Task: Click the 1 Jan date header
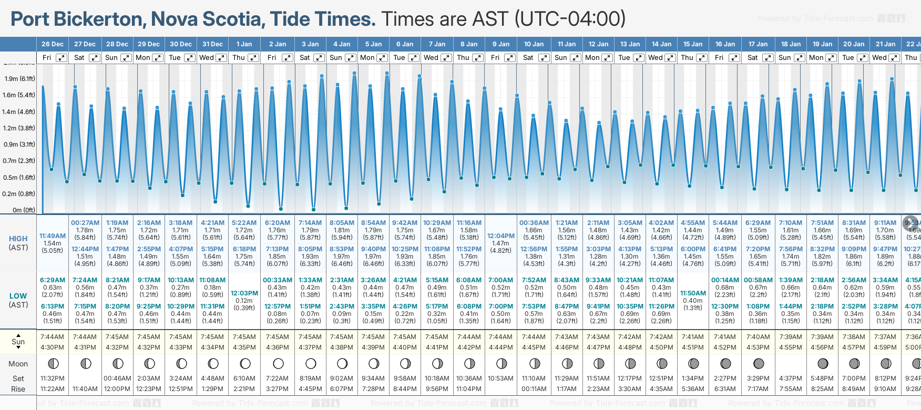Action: (x=244, y=44)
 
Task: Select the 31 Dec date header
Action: (x=212, y=44)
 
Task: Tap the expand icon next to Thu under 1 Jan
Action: (x=253, y=58)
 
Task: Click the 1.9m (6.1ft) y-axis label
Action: (x=19, y=79)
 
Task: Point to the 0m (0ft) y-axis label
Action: (x=24, y=210)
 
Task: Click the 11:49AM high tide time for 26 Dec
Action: (x=53, y=236)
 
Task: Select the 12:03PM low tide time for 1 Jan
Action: (x=244, y=293)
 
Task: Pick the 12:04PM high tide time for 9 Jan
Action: (x=501, y=236)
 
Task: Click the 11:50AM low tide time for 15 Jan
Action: (x=693, y=293)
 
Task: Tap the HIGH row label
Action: (x=18, y=239)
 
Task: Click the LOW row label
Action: (x=18, y=296)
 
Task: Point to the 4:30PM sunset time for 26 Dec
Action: (x=53, y=347)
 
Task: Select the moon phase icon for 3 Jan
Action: (x=311, y=363)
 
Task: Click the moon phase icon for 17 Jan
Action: (x=759, y=363)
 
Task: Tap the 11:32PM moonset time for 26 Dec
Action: (x=53, y=378)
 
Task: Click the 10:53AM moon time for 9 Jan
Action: (x=501, y=378)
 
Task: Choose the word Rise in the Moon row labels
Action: (x=18, y=389)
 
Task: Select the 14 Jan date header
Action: (x=661, y=44)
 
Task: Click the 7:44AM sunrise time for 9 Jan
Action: (x=501, y=337)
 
